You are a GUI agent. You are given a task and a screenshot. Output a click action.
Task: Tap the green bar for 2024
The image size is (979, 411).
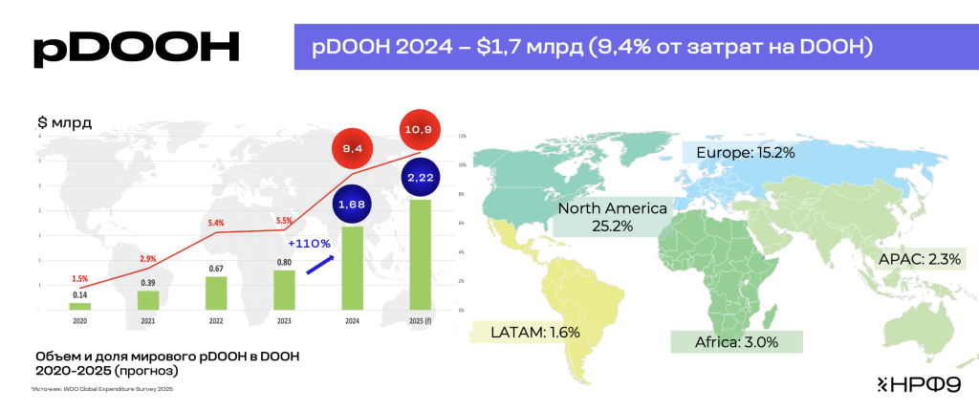tap(352, 268)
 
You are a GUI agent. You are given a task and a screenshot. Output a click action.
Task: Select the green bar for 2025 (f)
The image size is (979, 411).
tap(419, 254)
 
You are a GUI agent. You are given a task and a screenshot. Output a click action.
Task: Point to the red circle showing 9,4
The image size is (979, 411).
tap(352, 149)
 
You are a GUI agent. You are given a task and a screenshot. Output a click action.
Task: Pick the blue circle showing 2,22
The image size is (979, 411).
tap(421, 179)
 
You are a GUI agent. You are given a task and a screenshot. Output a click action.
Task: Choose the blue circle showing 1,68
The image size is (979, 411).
tap(352, 204)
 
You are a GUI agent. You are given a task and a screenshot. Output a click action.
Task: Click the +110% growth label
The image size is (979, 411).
tap(307, 244)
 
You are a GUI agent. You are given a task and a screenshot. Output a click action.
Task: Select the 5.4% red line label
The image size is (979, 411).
tap(216, 223)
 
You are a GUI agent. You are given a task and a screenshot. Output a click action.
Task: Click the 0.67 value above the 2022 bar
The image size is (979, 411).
tap(216, 268)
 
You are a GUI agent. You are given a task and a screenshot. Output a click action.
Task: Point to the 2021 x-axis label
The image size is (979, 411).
tap(148, 322)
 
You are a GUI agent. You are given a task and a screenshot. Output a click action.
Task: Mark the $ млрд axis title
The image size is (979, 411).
tap(65, 123)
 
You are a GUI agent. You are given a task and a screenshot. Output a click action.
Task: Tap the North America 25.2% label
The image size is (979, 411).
tap(612, 217)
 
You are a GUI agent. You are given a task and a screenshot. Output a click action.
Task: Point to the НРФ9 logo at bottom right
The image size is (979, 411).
tap(913, 384)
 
